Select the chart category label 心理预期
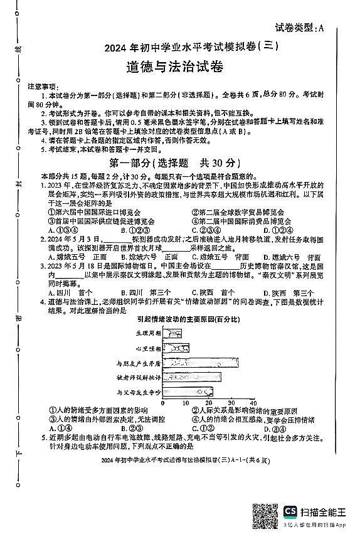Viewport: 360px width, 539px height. [x=148, y=348]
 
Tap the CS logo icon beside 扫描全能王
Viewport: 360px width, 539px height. [x=291, y=511]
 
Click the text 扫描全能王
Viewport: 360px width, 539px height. [x=324, y=511]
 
